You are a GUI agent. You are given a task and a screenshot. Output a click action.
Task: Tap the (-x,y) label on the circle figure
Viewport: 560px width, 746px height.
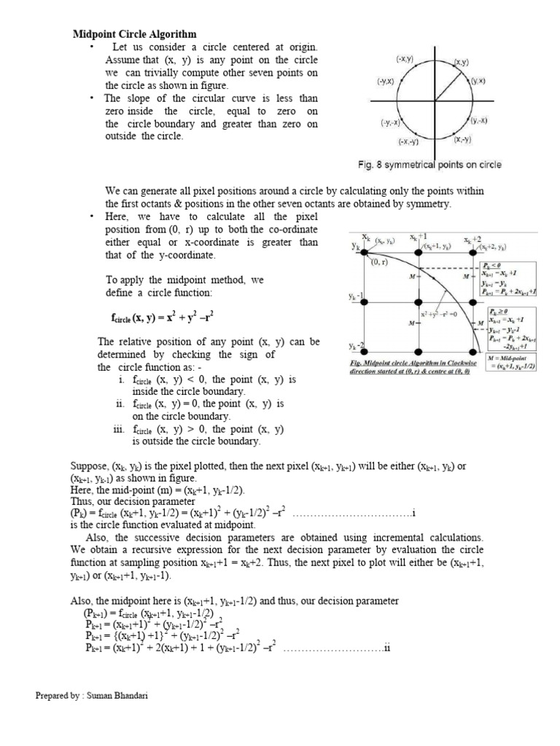(405, 58)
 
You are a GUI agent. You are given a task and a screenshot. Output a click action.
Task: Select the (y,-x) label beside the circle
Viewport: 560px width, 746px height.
(479, 120)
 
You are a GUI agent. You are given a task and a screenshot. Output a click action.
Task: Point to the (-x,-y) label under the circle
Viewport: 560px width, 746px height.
(408, 141)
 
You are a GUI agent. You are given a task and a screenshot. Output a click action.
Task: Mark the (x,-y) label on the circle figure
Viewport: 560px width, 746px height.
(462, 139)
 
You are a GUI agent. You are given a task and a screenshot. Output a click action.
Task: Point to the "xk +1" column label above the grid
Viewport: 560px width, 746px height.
(418, 237)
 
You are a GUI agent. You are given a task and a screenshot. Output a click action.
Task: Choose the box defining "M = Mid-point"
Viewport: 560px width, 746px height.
(513, 362)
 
